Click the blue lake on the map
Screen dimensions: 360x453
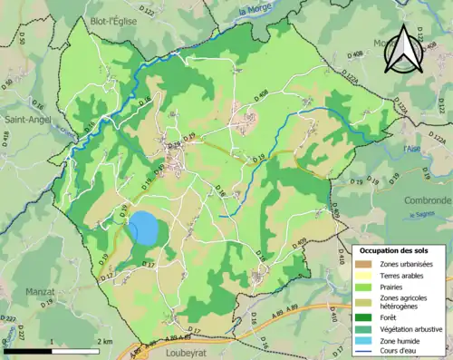tap(142, 228)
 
